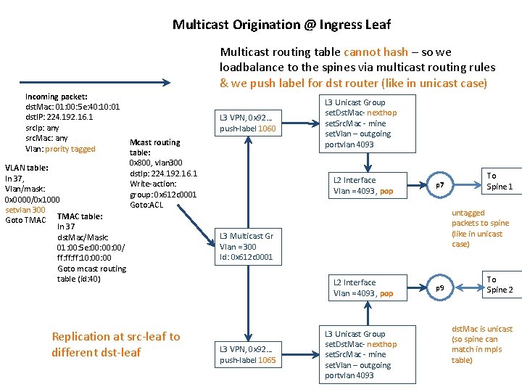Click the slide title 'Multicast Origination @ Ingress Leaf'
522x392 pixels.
pyautogui.click(x=281, y=25)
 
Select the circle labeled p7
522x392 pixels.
pyautogui.click(x=440, y=186)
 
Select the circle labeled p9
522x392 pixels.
pyautogui.click(x=440, y=288)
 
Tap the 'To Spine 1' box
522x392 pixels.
pyautogui.click(x=500, y=181)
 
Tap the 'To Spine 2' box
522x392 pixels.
pyautogui.click(x=500, y=285)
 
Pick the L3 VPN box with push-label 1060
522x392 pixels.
pyautogui.click(x=248, y=123)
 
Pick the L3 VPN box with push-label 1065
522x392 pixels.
pyautogui.click(x=248, y=354)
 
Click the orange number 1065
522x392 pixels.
pyautogui.click(x=266, y=360)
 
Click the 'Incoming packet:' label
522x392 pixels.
pyautogui.click(x=57, y=97)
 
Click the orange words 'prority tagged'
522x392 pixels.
pyautogui.click(x=70, y=149)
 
